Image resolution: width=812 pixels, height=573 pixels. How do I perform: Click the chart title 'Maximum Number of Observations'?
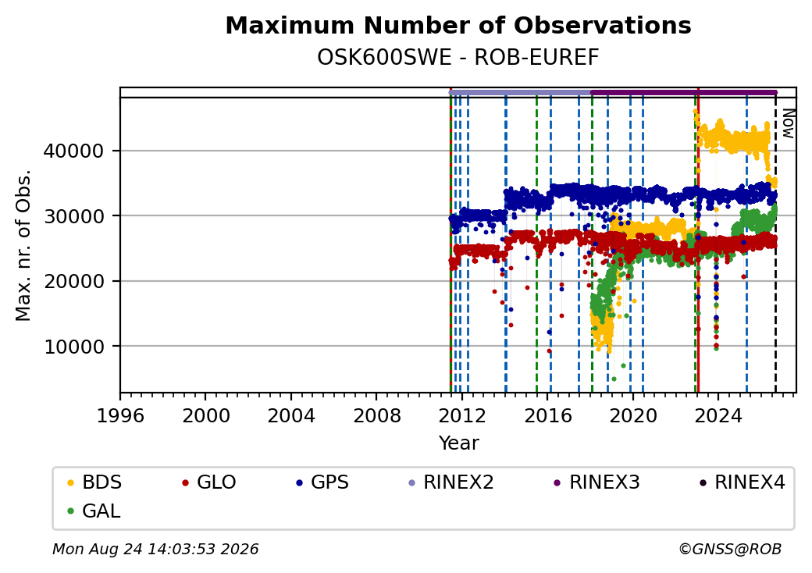tap(458, 25)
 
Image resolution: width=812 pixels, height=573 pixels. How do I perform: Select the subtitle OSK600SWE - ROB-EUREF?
tap(458, 58)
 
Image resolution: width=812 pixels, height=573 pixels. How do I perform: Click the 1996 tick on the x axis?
tap(120, 415)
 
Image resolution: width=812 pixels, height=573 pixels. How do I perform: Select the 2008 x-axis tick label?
tap(376, 415)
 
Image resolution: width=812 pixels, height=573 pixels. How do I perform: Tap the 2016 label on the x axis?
tap(547, 415)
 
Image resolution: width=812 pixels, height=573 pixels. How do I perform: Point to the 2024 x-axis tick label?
tap(718, 415)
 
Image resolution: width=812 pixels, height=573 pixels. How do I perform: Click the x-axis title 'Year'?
tap(459, 443)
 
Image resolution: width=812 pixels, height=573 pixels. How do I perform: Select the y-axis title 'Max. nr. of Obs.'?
tap(23, 245)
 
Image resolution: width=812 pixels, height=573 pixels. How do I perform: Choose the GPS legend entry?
tap(322, 482)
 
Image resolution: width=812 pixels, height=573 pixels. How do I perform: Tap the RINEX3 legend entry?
tap(597, 482)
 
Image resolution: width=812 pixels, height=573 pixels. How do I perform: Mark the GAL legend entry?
tap(94, 511)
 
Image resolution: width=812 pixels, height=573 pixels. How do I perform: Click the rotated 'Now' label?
tap(788, 123)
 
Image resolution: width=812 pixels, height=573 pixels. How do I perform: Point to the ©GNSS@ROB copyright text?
tap(730, 549)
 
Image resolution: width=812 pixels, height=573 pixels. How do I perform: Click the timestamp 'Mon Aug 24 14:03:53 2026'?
tap(156, 549)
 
